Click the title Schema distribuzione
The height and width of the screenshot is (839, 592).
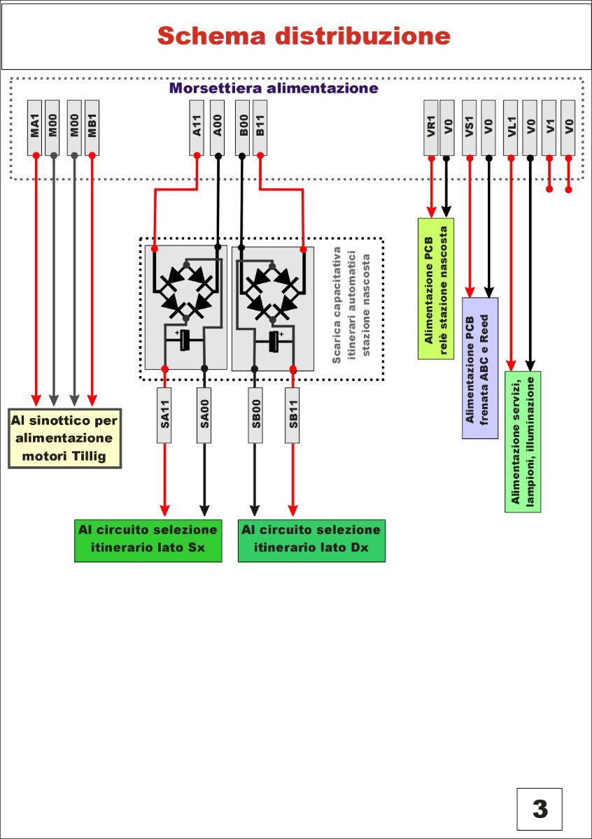[304, 35]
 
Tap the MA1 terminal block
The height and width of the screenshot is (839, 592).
[35, 127]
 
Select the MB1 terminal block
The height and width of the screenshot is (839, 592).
[92, 127]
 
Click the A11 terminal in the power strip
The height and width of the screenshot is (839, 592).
[197, 127]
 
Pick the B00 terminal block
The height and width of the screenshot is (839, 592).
[242, 127]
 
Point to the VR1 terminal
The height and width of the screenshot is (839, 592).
[432, 127]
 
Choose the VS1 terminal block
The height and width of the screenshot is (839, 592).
[470, 127]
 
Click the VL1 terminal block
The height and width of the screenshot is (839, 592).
[512, 127]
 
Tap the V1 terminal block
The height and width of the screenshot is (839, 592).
[549, 127]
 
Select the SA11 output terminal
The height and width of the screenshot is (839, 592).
[165, 415]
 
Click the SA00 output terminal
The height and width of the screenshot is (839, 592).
[204, 415]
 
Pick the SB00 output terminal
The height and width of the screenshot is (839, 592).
[255, 415]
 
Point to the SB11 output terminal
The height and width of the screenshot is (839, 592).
[293, 415]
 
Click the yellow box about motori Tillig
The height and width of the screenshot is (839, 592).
[64, 438]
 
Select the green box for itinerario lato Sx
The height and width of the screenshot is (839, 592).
[148, 540]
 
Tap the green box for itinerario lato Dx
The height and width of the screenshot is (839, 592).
[312, 540]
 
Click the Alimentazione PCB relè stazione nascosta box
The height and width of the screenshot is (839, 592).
[436, 288]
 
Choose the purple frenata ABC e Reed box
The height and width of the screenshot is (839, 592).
[480, 368]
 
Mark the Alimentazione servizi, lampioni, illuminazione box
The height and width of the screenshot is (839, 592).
[523, 441]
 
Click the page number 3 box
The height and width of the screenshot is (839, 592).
[540, 809]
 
